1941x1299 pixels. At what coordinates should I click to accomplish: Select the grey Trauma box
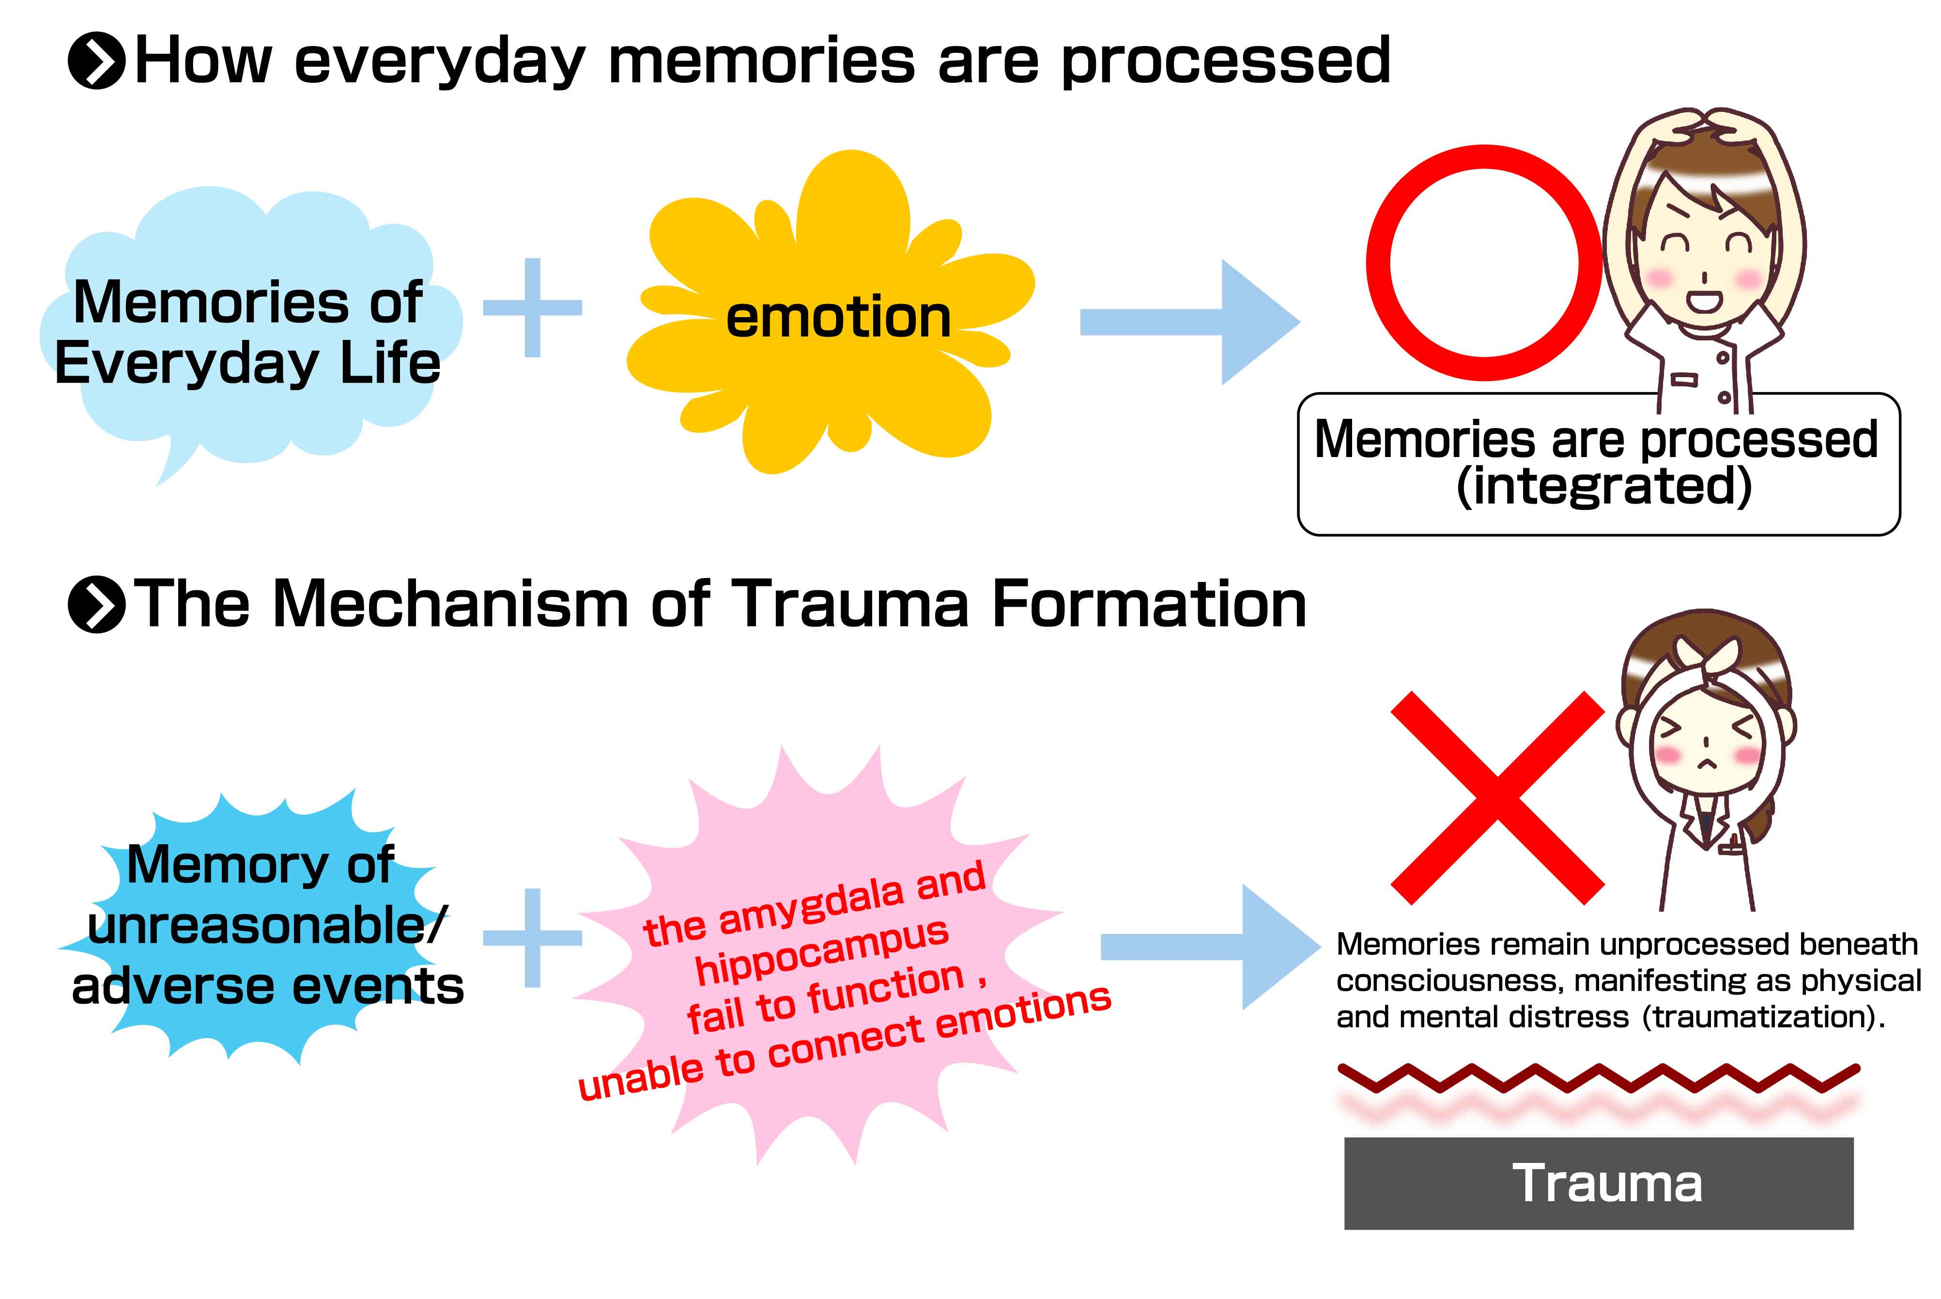click(1598, 1183)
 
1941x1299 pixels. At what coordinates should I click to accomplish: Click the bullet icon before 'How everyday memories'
click(96, 61)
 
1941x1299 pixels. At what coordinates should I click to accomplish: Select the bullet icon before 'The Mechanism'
click(96, 604)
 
